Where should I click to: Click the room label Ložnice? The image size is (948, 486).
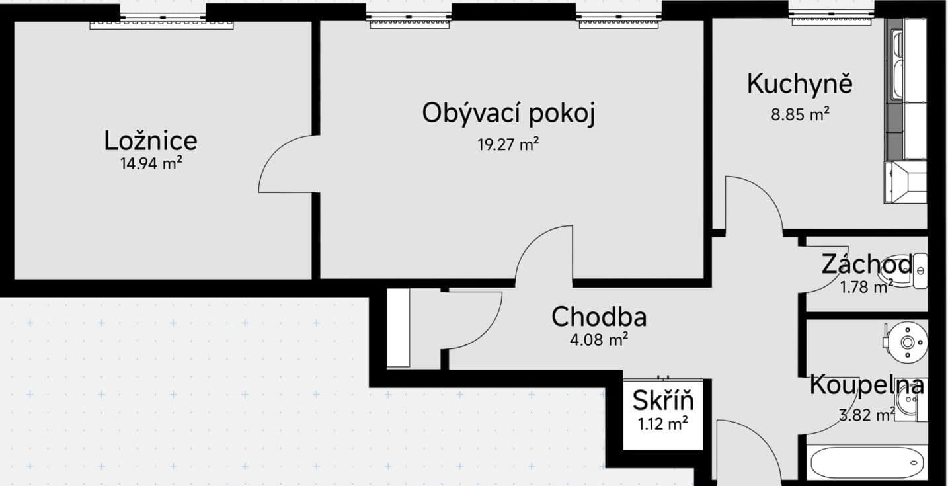[151, 141]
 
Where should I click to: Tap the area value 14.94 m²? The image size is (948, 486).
[151, 164]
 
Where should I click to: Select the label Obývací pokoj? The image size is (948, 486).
[508, 113]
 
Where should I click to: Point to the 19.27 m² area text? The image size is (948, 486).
[508, 145]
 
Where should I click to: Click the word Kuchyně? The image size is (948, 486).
[799, 84]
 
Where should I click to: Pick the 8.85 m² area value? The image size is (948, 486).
[800, 114]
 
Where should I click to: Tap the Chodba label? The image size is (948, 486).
[599, 317]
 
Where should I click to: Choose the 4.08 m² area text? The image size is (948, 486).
[599, 341]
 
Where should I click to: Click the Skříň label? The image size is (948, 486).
[663, 401]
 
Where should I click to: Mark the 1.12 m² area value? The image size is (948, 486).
[663, 424]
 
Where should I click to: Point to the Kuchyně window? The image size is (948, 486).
[832, 16]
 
